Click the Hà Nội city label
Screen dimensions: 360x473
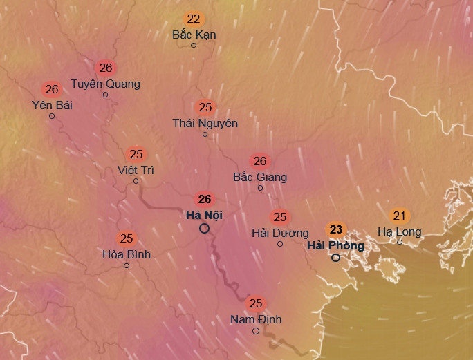click(x=205, y=214)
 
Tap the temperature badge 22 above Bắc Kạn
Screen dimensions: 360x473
click(x=194, y=19)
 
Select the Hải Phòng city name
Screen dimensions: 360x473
click(x=335, y=245)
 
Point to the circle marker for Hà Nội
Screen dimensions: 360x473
click(x=205, y=229)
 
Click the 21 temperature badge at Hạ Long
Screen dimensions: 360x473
click(x=399, y=216)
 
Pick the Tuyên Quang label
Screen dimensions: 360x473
click(x=105, y=84)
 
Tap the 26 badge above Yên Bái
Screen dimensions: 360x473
click(x=52, y=89)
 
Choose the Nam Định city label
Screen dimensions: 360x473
click(x=256, y=319)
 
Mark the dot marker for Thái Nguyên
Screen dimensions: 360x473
click(x=205, y=134)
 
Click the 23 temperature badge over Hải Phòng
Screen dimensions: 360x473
click(x=336, y=229)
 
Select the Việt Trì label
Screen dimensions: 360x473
click(x=136, y=169)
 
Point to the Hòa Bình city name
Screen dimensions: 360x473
click(x=127, y=254)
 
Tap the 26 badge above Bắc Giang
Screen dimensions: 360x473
click(x=260, y=162)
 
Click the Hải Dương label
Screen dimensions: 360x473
click(x=280, y=233)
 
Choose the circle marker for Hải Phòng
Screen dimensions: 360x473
click(x=335, y=258)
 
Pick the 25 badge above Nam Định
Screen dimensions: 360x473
click(x=256, y=303)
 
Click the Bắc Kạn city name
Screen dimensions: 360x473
click(x=194, y=35)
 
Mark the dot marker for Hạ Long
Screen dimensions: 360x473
click(x=400, y=242)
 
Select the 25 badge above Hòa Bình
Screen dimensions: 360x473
click(x=127, y=238)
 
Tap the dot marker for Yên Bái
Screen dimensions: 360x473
click(x=52, y=116)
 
